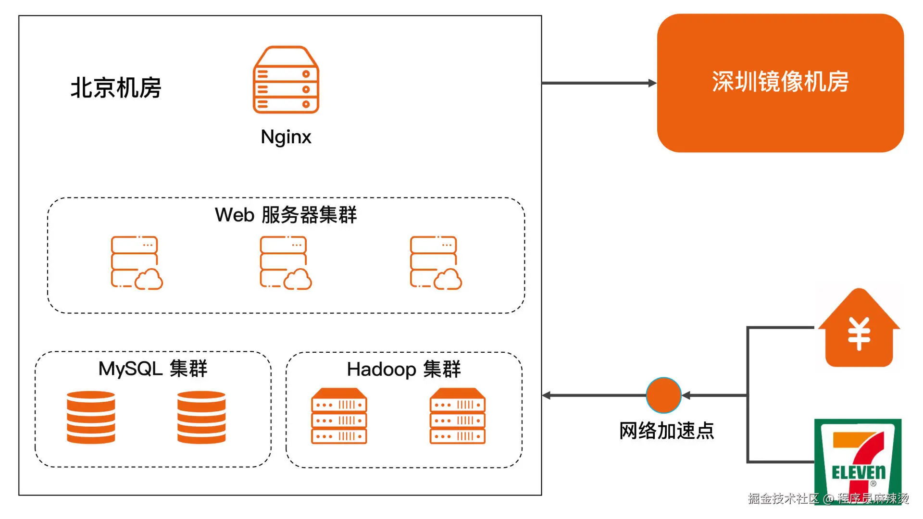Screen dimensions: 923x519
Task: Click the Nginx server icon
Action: click(286, 80)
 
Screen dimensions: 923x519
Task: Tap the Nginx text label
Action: click(286, 137)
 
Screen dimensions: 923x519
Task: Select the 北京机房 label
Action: click(116, 88)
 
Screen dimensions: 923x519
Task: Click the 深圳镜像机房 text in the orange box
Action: click(780, 82)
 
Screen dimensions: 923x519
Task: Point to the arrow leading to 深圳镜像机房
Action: click(599, 83)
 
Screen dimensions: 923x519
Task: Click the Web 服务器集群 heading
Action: click(286, 215)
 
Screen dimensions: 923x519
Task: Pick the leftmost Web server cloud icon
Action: click(137, 262)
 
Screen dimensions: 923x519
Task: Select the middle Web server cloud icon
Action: click(286, 262)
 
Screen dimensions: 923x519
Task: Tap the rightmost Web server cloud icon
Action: click(436, 262)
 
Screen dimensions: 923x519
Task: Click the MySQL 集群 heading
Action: click(153, 369)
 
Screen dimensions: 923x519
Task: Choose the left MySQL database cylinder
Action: click(91, 417)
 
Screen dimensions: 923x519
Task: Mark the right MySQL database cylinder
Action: click(201, 417)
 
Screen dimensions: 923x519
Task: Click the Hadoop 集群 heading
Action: click(404, 370)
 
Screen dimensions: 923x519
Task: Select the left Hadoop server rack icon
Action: click(339, 416)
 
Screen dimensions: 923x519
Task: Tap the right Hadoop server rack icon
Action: click(458, 416)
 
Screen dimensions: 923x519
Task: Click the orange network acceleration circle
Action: click(663, 395)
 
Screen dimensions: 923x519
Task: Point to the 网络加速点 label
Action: click(667, 431)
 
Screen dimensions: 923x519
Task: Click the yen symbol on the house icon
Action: click(859, 334)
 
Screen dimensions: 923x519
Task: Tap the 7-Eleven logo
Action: click(858, 461)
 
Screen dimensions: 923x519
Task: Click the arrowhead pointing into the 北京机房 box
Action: click(546, 395)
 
